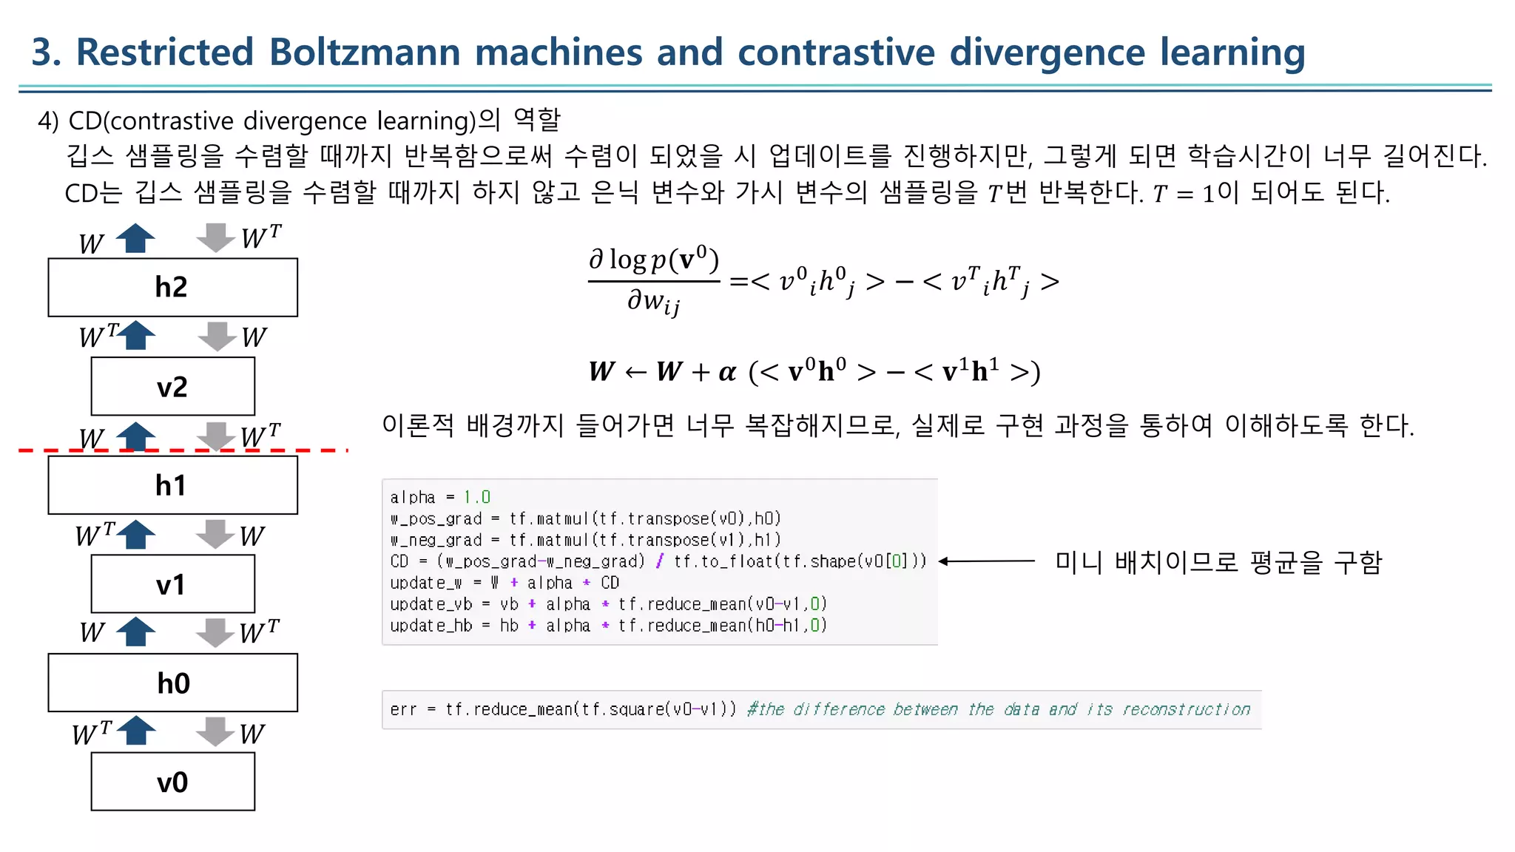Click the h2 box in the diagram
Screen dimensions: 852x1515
tap(172, 287)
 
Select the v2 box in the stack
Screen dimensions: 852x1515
tap(172, 386)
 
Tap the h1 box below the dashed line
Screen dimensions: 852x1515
tap(172, 485)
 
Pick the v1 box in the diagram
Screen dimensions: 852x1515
tap(172, 584)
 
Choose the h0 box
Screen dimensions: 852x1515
tap(172, 683)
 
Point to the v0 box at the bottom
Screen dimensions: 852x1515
tap(172, 782)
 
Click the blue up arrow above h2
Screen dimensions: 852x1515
tap(136, 238)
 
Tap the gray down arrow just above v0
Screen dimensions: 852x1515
tap(215, 731)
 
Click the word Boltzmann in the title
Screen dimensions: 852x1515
tap(364, 53)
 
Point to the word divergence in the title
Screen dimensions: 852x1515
tap(1047, 53)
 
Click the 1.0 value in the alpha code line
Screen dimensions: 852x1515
tap(477, 497)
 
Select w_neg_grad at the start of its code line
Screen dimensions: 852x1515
tap(436, 540)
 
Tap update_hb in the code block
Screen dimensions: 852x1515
tap(431, 626)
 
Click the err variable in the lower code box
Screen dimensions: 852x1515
tap(403, 709)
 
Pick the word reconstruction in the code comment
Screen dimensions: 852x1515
tap(1186, 709)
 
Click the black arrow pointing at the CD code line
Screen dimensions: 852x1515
tap(988, 561)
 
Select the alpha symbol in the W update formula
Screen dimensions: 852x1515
tap(727, 371)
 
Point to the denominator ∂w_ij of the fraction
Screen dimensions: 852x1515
tap(653, 302)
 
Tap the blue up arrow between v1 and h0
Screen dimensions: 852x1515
tap(136, 632)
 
